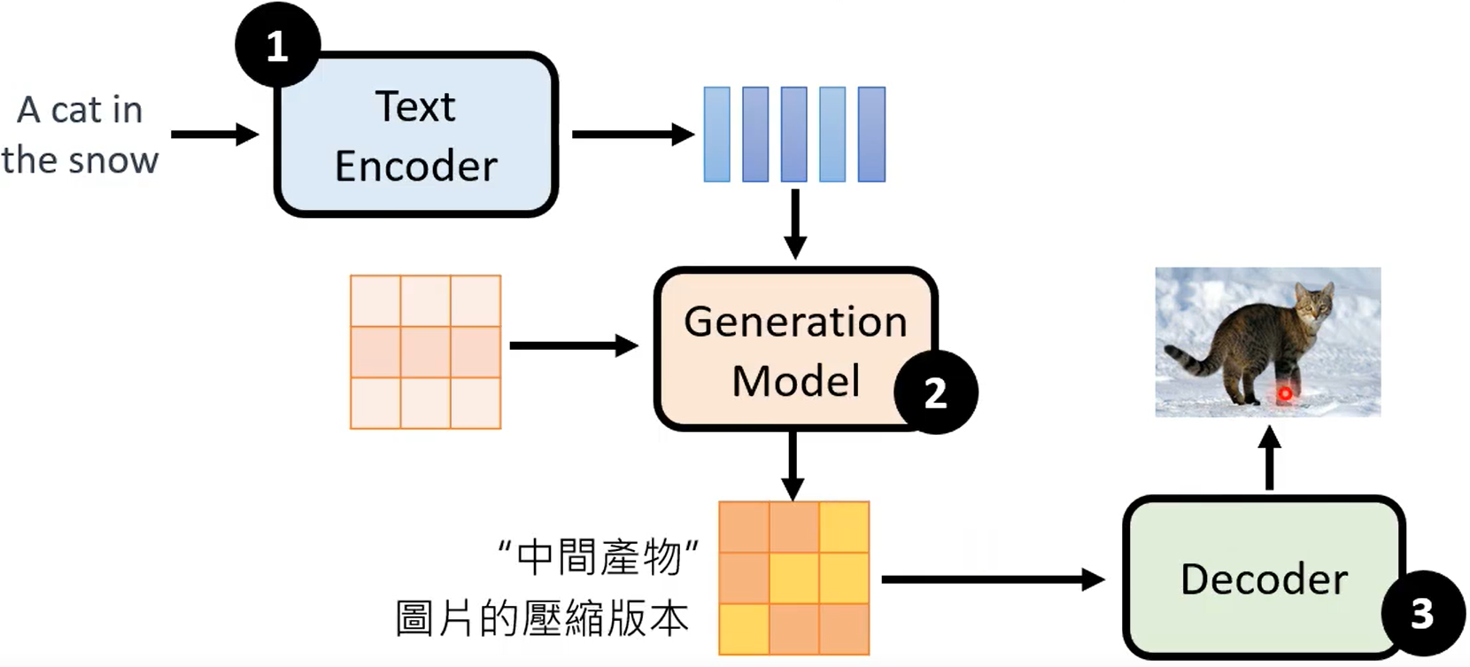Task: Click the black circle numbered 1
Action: (277, 46)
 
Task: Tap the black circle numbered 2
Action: (935, 392)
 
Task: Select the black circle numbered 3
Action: (1421, 613)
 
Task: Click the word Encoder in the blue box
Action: (415, 166)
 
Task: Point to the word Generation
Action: (795, 321)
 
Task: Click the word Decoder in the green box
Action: (1264, 579)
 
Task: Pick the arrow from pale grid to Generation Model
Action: (573, 345)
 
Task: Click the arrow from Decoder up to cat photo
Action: (1269, 457)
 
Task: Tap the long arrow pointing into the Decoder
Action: (992, 580)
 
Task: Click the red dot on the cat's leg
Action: (1283, 393)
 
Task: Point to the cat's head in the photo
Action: (1314, 304)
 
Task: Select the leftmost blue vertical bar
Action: (716, 135)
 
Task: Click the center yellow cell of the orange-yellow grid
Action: (793, 578)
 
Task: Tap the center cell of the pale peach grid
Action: (425, 352)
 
